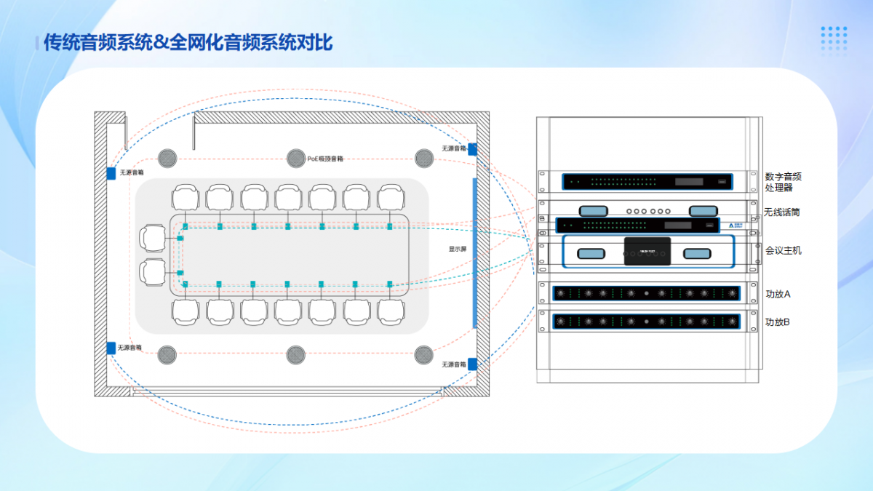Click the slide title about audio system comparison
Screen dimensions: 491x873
click(x=188, y=42)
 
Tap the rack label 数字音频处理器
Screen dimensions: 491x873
click(x=784, y=182)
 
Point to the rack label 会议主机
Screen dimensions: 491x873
click(x=784, y=250)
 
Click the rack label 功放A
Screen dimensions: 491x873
click(x=778, y=295)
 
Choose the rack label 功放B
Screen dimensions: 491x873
click(x=778, y=321)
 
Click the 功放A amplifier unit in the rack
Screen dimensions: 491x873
click(x=646, y=293)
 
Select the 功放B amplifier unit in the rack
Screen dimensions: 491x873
click(x=646, y=321)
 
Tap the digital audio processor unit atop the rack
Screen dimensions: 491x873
click(x=646, y=182)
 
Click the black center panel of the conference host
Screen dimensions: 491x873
click(x=647, y=251)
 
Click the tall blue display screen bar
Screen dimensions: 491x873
click(x=475, y=252)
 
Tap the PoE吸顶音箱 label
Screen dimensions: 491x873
click(x=325, y=158)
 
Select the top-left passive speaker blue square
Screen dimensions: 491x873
click(x=111, y=173)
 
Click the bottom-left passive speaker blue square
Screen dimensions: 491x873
click(x=111, y=348)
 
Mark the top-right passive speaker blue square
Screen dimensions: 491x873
click(x=472, y=149)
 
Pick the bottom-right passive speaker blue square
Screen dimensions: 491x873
click(x=472, y=364)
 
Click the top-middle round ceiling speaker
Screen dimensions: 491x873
click(x=295, y=158)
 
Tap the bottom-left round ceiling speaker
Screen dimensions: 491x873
click(x=167, y=355)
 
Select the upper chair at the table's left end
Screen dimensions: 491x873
click(x=154, y=238)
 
